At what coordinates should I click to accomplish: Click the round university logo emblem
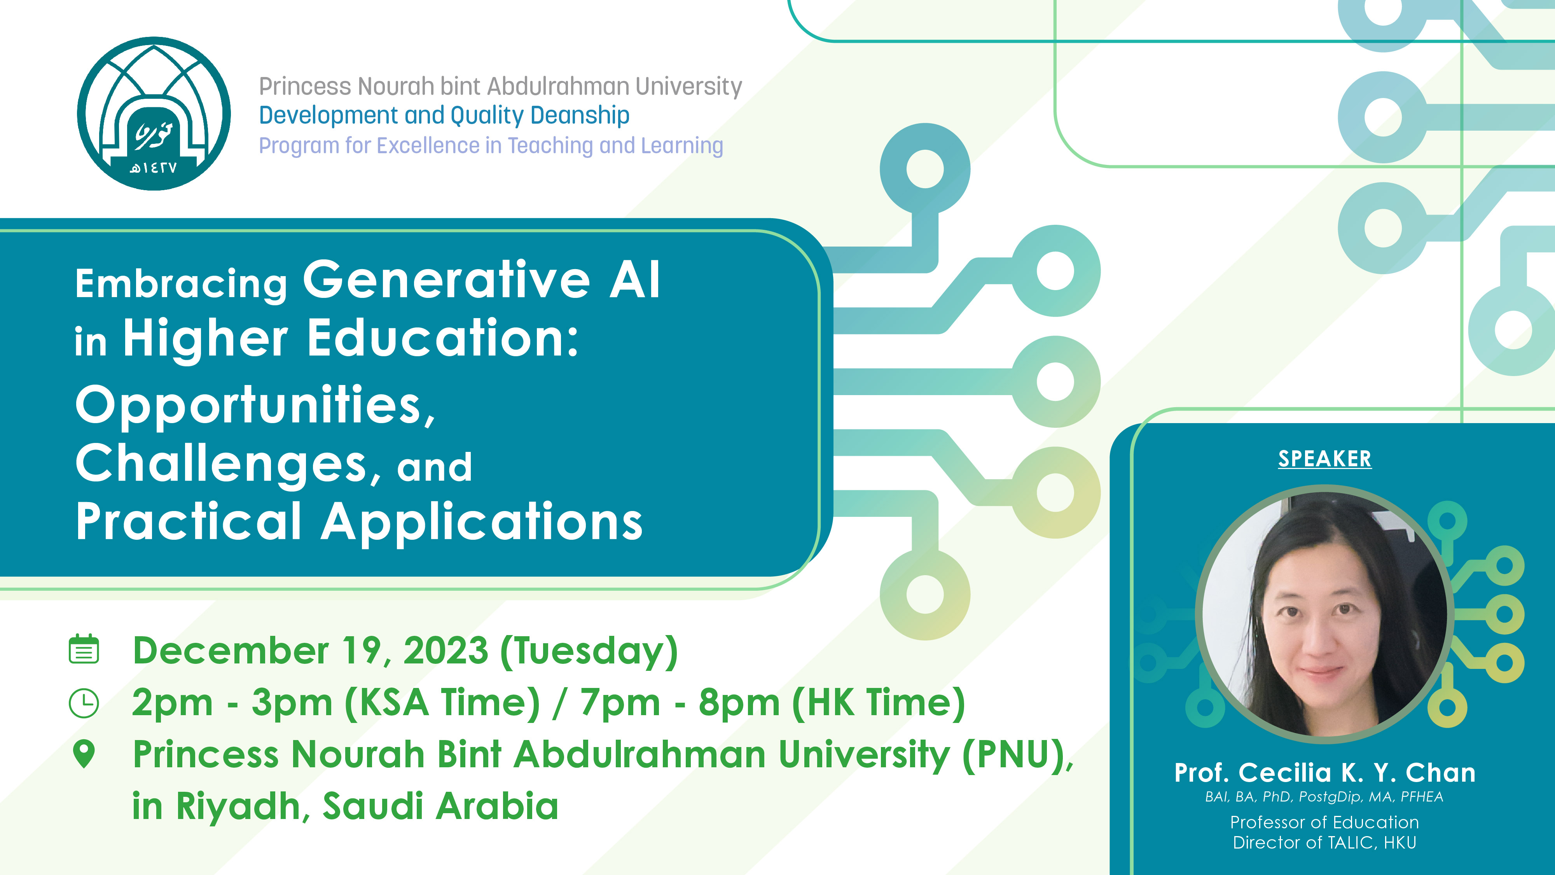click(154, 114)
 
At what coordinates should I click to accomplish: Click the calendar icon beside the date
click(84, 649)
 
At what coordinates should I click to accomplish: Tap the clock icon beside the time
click(84, 703)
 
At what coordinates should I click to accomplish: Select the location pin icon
click(84, 754)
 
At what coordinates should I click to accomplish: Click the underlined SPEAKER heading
click(1324, 459)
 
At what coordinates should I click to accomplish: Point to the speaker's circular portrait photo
click(1325, 614)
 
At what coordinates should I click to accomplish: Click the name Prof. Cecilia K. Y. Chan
click(1324, 772)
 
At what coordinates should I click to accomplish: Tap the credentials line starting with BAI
click(1324, 797)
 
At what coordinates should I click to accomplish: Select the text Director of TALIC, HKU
click(1324, 842)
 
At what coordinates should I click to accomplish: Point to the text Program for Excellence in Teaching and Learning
click(491, 145)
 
